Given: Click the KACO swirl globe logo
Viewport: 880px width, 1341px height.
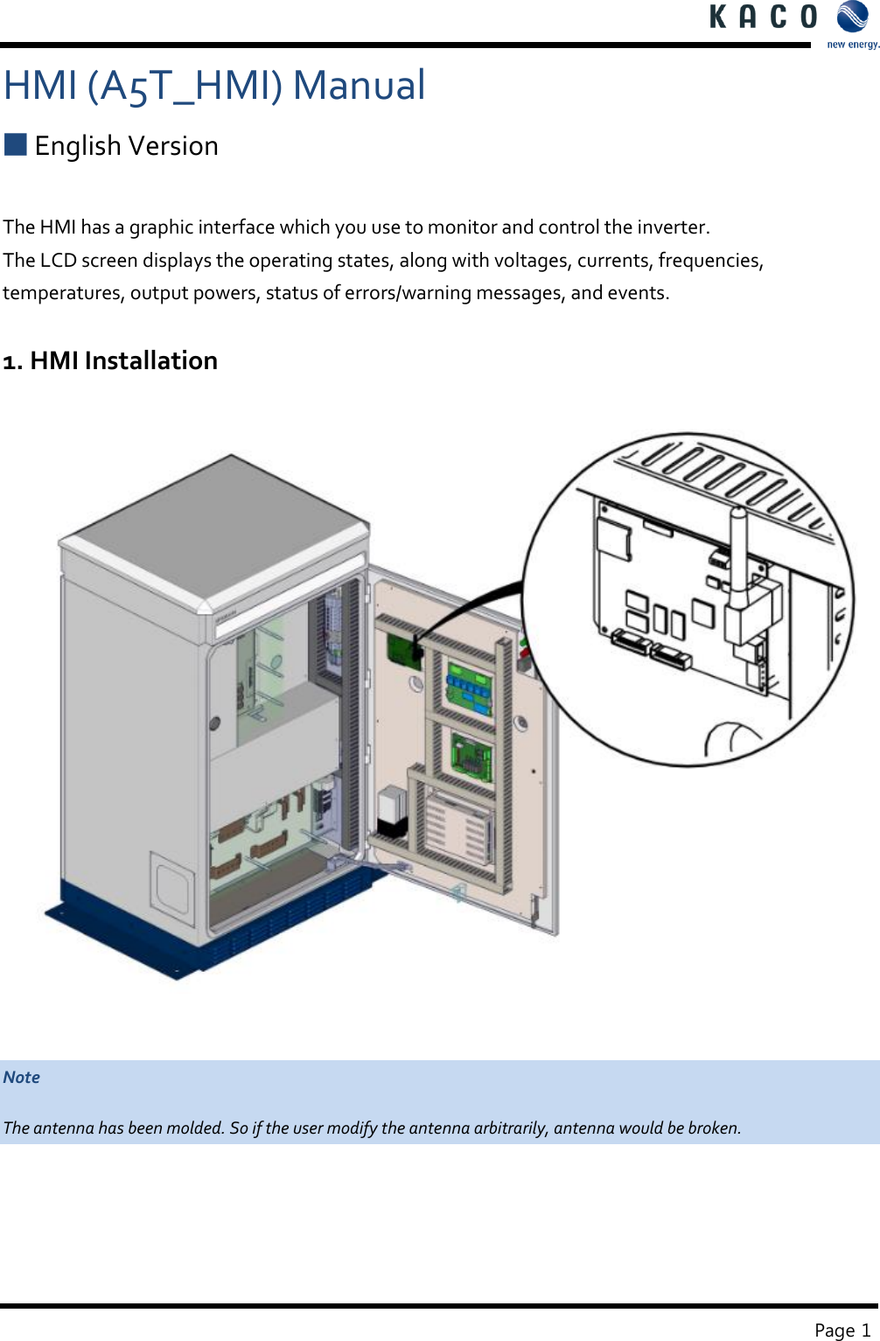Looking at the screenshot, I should pos(852,17).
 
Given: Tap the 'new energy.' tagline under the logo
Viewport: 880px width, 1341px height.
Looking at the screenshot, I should pos(852,45).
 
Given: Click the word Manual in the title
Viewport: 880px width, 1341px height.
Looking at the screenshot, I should pos(359,86).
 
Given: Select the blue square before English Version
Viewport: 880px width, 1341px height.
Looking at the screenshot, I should pos(16,144).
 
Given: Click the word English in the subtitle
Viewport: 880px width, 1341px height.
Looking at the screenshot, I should pos(78,146).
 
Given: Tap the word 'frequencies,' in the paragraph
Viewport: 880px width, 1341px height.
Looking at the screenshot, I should pos(710,261).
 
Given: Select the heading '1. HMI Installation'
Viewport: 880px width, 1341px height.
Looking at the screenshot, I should pos(110,360).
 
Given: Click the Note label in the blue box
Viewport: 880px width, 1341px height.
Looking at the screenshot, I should pos(22,1077).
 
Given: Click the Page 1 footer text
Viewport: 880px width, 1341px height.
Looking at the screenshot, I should pos(842,1330).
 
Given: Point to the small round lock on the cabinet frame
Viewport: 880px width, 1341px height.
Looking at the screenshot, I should pos(214,723).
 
